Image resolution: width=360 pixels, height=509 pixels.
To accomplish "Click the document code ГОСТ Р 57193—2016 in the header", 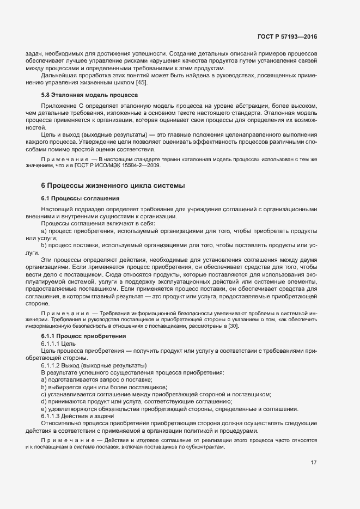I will (x=287, y=36).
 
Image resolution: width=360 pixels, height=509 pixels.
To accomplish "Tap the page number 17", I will (x=314, y=463).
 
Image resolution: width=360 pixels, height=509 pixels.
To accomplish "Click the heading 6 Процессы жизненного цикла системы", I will (x=113, y=185).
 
